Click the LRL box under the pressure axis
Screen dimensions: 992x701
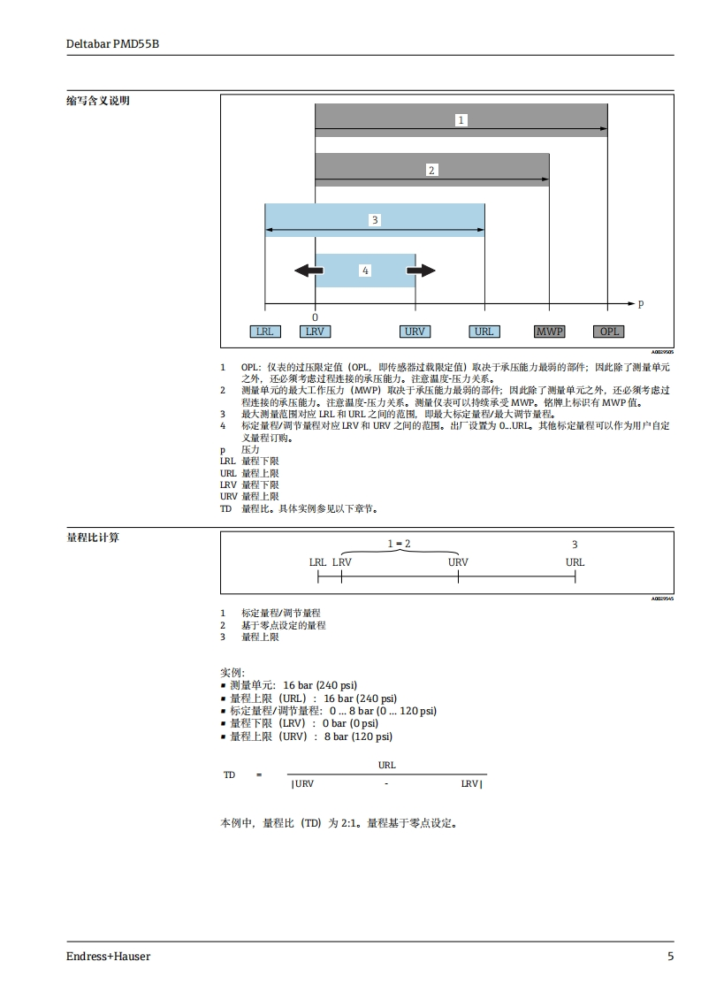pos(263,332)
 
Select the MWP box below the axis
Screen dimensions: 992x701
pos(549,332)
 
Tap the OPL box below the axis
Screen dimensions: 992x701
pos(610,332)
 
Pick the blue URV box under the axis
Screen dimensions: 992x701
pos(414,332)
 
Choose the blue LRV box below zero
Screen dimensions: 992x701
pos(315,332)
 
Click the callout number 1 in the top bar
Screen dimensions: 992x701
pos(461,119)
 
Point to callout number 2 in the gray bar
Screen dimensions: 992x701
pos(431,170)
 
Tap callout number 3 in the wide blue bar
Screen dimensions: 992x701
pos(375,219)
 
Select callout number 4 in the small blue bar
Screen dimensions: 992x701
pos(364,271)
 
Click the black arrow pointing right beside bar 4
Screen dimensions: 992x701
pos(423,270)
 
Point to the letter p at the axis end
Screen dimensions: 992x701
pos(641,303)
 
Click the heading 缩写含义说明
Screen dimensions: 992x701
pos(98,101)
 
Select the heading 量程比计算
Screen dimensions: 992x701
pos(93,538)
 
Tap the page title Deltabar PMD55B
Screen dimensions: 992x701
pos(112,43)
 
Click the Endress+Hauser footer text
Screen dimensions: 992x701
pos(108,956)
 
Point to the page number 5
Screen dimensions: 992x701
pos(670,956)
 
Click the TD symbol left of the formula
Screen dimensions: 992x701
pos(229,775)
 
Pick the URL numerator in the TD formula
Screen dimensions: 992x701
pos(386,765)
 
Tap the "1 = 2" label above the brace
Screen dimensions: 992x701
pos(399,544)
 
